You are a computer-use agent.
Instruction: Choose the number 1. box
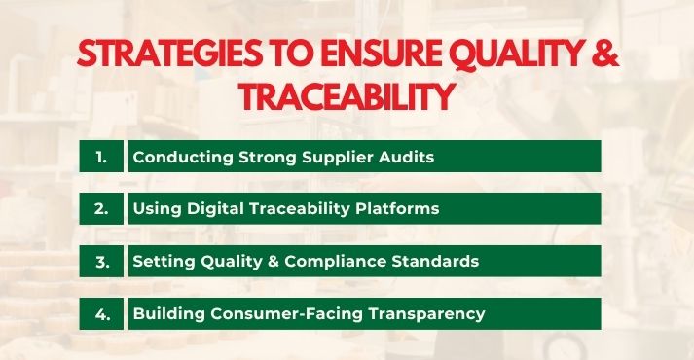click(x=102, y=156)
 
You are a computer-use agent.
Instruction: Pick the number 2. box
click(x=102, y=208)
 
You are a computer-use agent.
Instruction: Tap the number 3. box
click(x=102, y=261)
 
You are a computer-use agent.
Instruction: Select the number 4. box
click(x=102, y=313)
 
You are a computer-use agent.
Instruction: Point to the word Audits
click(x=375, y=156)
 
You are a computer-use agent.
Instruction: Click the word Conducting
click(x=175, y=156)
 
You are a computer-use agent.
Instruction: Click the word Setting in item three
click(x=163, y=261)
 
